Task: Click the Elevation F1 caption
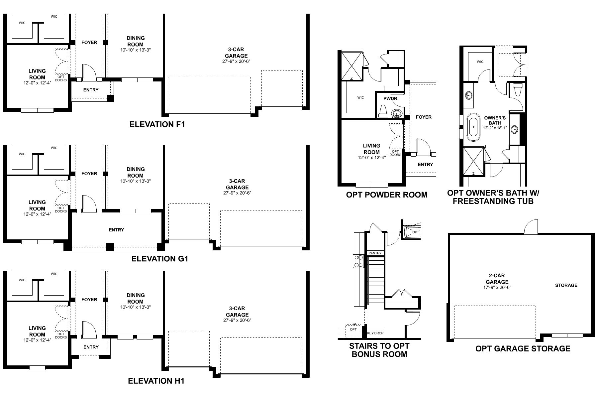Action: pyautogui.click(x=157, y=125)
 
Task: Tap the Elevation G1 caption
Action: pyautogui.click(x=160, y=259)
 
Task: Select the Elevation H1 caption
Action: pyautogui.click(x=156, y=381)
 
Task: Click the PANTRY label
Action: pyautogui.click(x=375, y=253)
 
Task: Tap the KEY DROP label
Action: pyautogui.click(x=375, y=333)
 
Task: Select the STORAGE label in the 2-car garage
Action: pyautogui.click(x=566, y=285)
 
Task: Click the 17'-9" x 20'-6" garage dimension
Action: pyautogui.click(x=497, y=287)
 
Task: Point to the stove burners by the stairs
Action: pyautogui.click(x=358, y=261)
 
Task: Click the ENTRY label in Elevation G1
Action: pyautogui.click(x=116, y=230)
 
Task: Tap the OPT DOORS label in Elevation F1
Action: pyautogui.click(x=61, y=78)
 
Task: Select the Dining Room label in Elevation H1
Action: pyautogui.click(x=136, y=298)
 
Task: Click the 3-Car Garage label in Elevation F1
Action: pyautogui.click(x=236, y=53)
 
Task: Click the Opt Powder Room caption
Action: pyautogui.click(x=387, y=195)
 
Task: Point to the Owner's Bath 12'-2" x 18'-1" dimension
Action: pyautogui.click(x=495, y=128)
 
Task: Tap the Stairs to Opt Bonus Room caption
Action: pyautogui.click(x=379, y=350)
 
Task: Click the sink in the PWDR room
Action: pyautogui.click(x=396, y=114)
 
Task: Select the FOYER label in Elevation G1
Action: pyautogui.click(x=89, y=174)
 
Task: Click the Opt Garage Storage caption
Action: pyautogui.click(x=523, y=348)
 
